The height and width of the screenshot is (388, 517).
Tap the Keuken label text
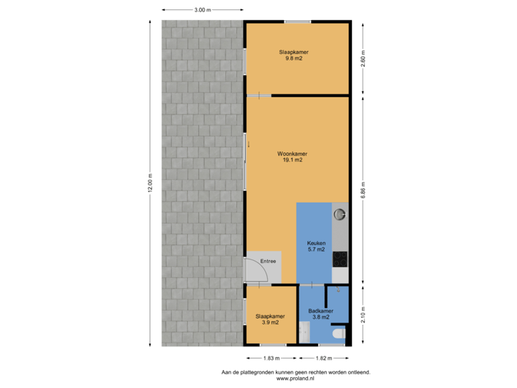[x=317, y=244]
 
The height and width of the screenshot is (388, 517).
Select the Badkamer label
[x=319, y=311]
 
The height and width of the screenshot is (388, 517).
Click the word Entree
[x=268, y=262]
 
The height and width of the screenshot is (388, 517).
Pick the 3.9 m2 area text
[x=270, y=323]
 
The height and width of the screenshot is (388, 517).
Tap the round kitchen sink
[x=340, y=213]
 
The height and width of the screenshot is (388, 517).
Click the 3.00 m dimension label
[x=202, y=10]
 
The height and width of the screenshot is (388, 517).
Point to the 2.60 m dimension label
[x=364, y=58]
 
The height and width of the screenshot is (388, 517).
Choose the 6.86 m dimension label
[x=364, y=189]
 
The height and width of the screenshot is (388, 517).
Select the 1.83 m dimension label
[x=271, y=358]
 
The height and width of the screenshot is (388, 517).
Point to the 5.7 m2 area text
[x=317, y=251]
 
